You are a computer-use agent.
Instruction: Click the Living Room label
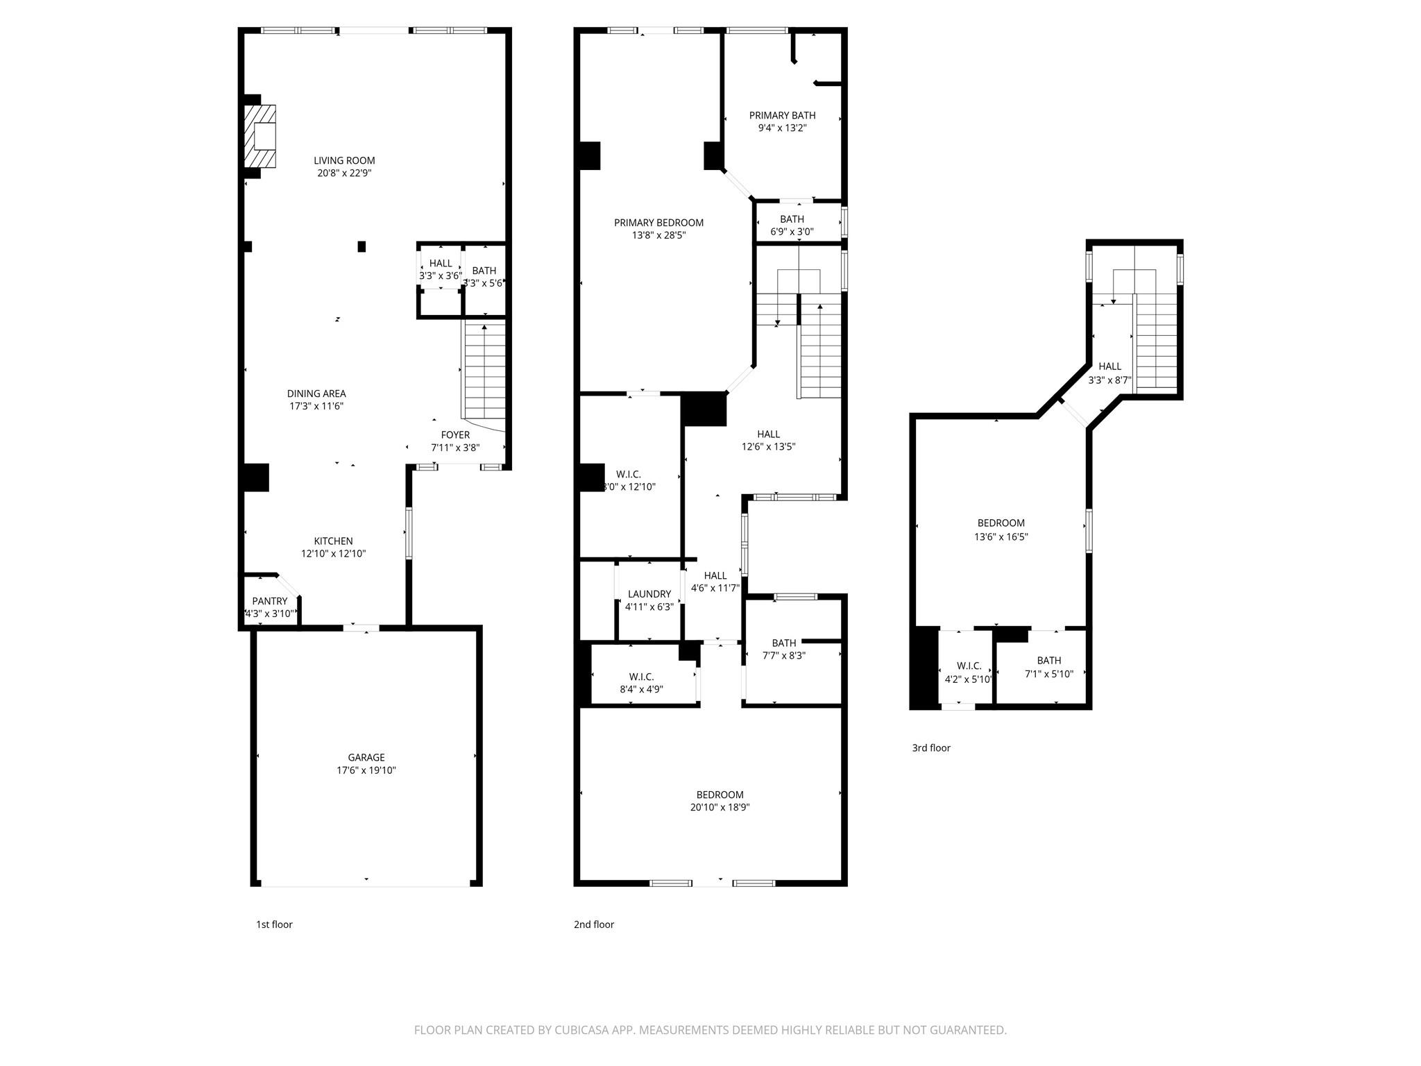tap(344, 160)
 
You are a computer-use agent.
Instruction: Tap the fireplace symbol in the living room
tap(260, 136)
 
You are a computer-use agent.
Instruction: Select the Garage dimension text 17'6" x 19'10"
tap(366, 770)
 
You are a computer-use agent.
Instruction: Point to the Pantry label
tap(270, 601)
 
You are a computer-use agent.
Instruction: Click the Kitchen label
tap(333, 541)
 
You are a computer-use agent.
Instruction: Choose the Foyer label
tap(455, 435)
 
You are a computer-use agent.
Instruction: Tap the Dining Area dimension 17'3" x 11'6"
tap(316, 406)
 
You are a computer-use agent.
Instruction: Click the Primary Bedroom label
tap(658, 223)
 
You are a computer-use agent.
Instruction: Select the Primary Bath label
tap(782, 115)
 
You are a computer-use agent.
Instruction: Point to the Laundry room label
tap(649, 594)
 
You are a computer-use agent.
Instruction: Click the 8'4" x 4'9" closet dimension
tap(641, 689)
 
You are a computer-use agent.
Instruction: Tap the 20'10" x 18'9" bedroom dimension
tap(720, 807)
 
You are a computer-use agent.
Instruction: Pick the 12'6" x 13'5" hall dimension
tap(768, 447)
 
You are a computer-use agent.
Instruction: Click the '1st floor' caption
tap(274, 924)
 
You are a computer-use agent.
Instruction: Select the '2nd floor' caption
tap(593, 924)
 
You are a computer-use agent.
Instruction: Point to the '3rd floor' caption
tap(931, 747)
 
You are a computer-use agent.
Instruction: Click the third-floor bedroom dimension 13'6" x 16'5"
tap(1001, 536)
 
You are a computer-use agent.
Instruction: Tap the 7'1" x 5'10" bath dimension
tap(1049, 674)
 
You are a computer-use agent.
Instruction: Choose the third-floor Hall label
tap(1109, 366)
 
